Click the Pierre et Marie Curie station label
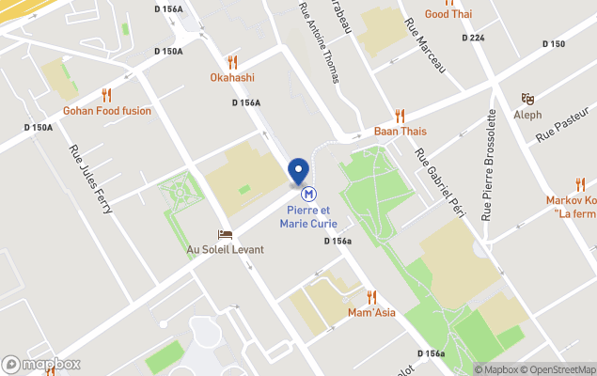[x=307, y=217]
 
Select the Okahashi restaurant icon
[x=231, y=63]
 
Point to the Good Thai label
[x=448, y=14]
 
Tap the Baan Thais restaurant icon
[x=400, y=116]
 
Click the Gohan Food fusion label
[x=106, y=110]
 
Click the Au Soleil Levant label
[x=225, y=249]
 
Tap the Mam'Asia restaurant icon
[x=370, y=297]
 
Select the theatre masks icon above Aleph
[x=527, y=98]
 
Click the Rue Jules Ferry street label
[x=90, y=180]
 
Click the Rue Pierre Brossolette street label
[x=489, y=164]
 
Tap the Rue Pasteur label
[x=560, y=125]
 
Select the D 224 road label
[x=473, y=38]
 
